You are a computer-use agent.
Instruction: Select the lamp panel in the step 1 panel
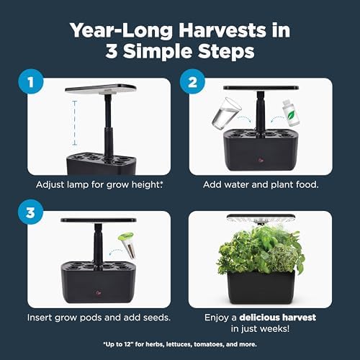[101, 89]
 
